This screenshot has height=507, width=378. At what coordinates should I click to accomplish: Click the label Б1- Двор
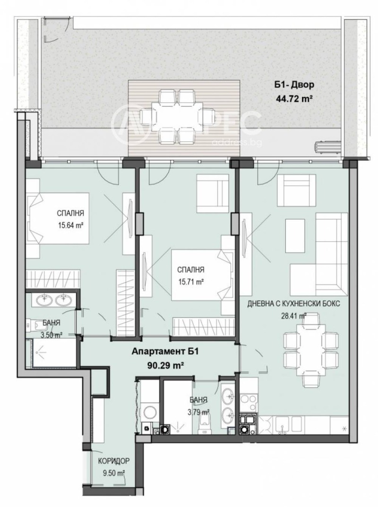(294, 86)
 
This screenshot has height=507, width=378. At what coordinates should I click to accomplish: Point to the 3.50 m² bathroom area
(51, 334)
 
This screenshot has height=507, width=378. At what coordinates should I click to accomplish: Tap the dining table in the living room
(304, 349)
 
